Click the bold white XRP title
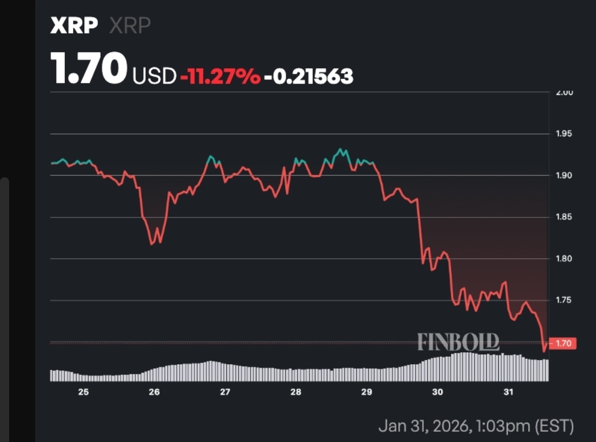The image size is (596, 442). [74, 26]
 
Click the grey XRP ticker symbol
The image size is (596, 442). [130, 26]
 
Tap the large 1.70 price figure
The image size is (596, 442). [88, 69]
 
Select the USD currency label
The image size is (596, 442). [154, 76]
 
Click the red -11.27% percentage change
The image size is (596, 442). [220, 76]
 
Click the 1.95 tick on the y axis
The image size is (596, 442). [564, 134]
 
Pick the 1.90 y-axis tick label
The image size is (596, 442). [564, 176]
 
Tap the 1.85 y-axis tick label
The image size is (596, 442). [564, 218]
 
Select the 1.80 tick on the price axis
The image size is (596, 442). [564, 259]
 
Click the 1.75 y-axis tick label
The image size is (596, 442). [564, 301]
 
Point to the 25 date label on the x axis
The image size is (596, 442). [83, 392]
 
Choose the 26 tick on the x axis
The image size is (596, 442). [154, 392]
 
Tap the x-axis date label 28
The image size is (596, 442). [296, 392]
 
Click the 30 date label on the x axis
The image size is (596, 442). [437, 392]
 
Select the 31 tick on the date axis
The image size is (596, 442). [508, 392]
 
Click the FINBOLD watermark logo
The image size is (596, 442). [458, 341]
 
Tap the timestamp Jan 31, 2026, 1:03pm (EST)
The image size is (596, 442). [476, 425]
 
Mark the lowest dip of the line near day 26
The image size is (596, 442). [151, 244]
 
